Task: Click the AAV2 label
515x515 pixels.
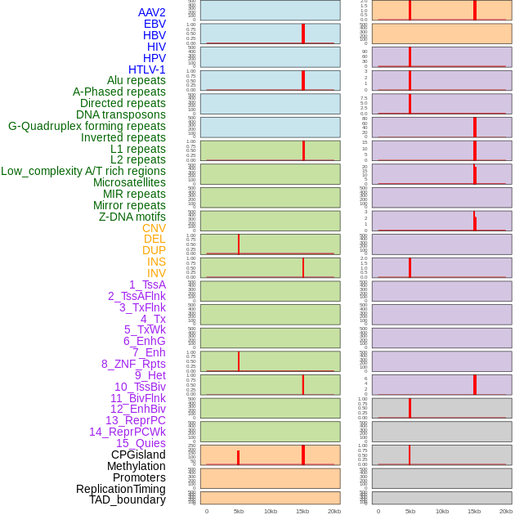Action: (151, 12)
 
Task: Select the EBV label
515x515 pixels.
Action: (154, 24)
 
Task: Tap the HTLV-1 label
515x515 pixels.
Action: (147, 69)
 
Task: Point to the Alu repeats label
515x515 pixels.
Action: (137, 80)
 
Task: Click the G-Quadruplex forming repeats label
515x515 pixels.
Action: (87, 126)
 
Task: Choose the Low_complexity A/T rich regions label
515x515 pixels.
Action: (83, 171)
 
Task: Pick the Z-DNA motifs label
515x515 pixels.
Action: (132, 217)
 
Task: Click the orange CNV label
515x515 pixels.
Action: (154, 228)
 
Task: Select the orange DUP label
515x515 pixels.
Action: (154, 250)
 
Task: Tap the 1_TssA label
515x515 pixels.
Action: (147, 284)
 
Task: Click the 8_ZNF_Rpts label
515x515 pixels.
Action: (133, 364)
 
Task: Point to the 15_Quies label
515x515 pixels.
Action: (141, 443)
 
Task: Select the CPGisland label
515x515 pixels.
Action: (138, 455)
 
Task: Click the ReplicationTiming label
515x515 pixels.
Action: (121, 489)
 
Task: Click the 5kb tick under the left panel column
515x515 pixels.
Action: (239, 511)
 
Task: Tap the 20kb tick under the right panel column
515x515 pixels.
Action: (506, 511)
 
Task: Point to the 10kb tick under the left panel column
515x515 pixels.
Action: (271, 511)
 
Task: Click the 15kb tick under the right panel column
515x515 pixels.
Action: (474, 511)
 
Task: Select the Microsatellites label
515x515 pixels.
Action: (129, 182)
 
